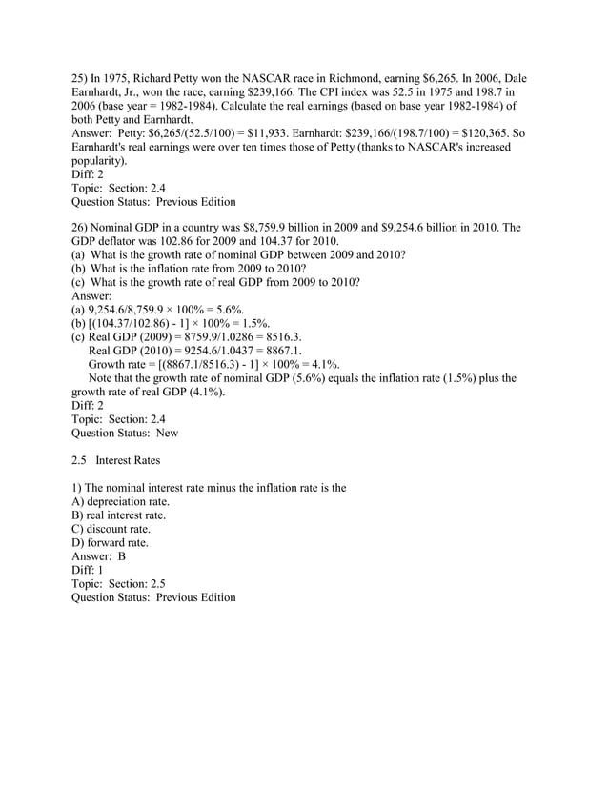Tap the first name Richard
(168, 77)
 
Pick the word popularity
(102, 162)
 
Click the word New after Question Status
(167, 434)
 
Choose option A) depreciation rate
(120, 501)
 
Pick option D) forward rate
(110, 542)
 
